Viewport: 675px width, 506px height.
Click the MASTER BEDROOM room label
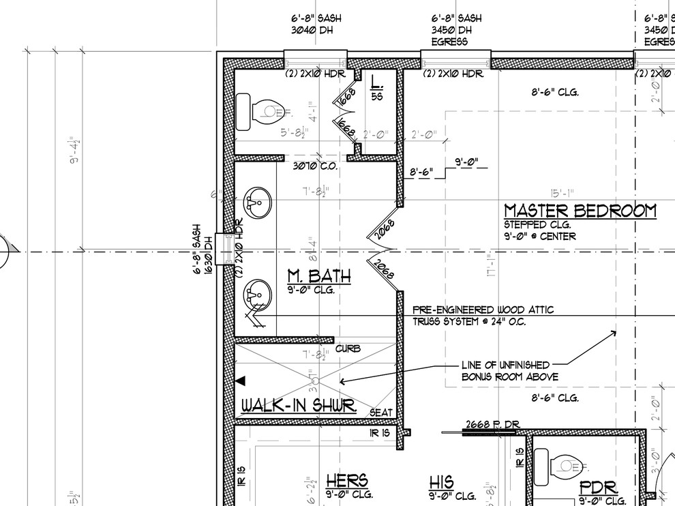coord(580,211)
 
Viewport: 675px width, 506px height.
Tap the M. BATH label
coord(318,276)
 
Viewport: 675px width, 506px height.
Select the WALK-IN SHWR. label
coord(299,406)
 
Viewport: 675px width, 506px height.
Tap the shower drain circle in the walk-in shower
coord(315,379)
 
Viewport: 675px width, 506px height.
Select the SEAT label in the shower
coord(381,413)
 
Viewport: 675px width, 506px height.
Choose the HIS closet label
coord(441,482)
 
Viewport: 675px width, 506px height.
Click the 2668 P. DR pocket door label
coord(492,425)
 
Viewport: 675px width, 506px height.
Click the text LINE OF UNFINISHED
coord(505,366)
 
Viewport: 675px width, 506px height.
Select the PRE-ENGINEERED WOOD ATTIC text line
coord(483,310)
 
